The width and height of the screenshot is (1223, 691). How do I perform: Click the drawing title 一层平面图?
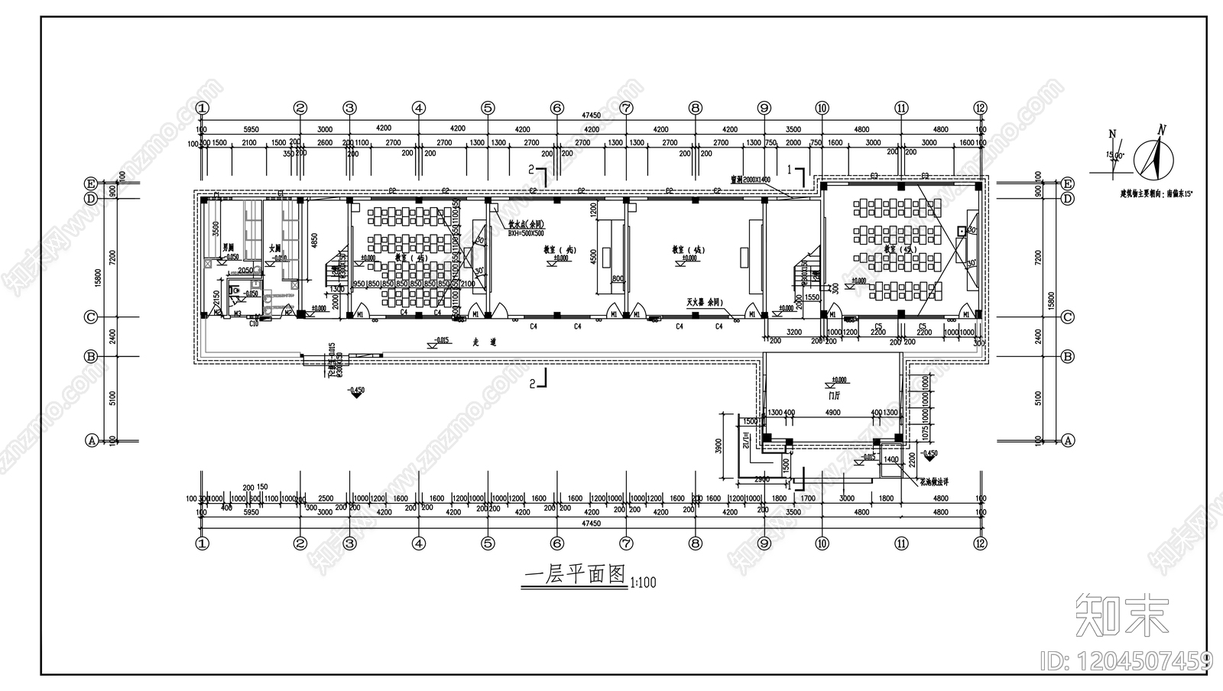point(574,576)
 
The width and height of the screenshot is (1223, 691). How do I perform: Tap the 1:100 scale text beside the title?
point(644,583)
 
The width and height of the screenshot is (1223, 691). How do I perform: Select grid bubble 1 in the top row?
point(203,109)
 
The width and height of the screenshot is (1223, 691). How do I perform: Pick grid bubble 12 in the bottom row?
point(981,543)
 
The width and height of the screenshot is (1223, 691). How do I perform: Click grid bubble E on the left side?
point(91,183)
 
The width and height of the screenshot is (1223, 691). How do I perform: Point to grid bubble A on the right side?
point(1067,440)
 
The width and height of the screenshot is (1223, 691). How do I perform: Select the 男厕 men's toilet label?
point(228,248)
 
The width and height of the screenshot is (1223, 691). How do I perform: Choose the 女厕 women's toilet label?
point(275,248)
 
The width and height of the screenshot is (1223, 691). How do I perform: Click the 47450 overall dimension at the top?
point(591,115)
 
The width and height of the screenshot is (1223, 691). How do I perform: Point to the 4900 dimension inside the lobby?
point(832,413)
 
